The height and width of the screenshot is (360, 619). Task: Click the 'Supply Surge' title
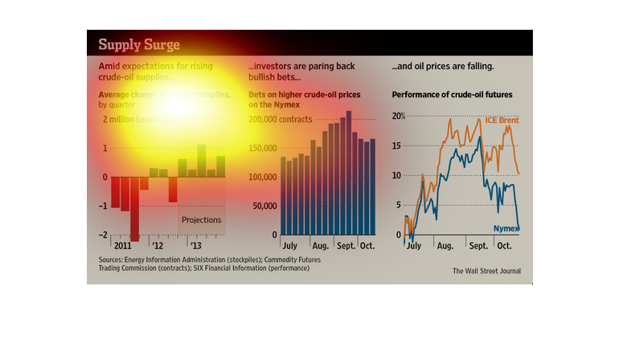139,43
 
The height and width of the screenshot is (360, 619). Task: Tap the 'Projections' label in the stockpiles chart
201,219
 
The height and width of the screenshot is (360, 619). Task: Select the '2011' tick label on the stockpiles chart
124,244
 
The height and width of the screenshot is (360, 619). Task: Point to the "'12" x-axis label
158,244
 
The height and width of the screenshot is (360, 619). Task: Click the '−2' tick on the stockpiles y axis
104,235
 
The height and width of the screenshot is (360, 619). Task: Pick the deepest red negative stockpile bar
134,208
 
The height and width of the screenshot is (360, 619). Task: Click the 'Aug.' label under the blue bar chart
320,245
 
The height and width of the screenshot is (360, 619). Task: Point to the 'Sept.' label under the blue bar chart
346,245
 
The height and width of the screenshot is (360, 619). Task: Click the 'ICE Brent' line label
502,121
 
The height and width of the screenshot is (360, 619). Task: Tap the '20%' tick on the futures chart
399,117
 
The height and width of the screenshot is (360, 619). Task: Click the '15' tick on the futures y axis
397,146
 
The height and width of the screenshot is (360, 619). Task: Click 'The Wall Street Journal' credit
486,271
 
